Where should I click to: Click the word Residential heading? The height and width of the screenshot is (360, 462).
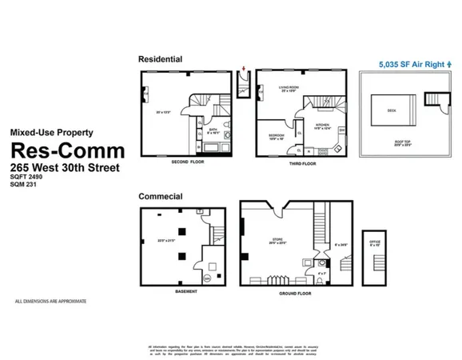pyautogui.click(x=161, y=59)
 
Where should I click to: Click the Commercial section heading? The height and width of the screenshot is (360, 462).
pyautogui.click(x=161, y=196)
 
